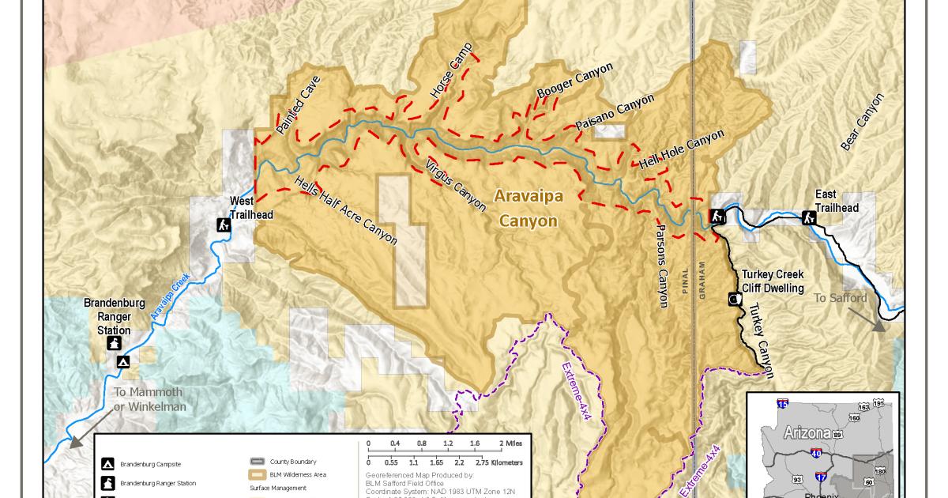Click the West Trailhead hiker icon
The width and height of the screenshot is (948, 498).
pos(224,225)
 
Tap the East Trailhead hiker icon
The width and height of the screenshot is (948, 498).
pos(809,217)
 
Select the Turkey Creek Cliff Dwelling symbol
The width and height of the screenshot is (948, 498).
pos(734,300)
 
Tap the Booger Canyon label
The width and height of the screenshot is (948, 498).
pos(574,81)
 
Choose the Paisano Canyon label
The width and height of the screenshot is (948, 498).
pos(615,113)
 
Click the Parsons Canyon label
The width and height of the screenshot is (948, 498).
pos(661,265)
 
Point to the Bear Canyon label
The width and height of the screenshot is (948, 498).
pos(862,122)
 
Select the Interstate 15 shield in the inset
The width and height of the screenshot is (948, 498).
pos(782,404)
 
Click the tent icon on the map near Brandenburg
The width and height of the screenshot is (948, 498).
pos(123,362)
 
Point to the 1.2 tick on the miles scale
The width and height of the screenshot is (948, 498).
pos(448,443)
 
